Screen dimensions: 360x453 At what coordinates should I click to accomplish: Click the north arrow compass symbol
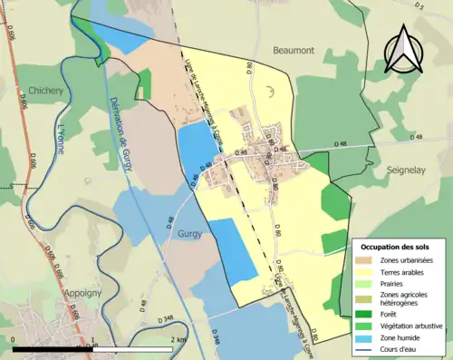point(400,49)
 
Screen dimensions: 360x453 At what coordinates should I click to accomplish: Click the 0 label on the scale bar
point(14,339)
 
